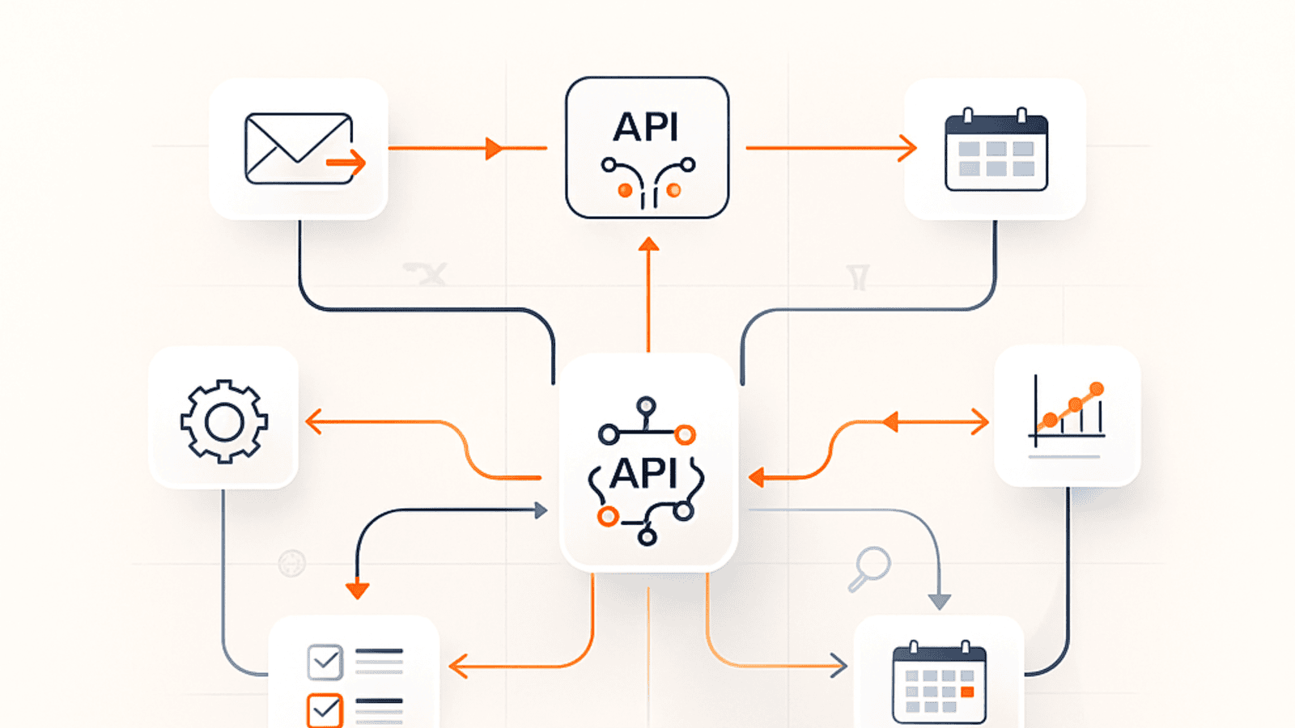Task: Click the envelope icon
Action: (x=299, y=149)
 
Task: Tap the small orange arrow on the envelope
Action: (x=347, y=163)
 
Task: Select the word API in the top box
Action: (x=646, y=127)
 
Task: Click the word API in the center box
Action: (x=644, y=473)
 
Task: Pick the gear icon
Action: (x=224, y=421)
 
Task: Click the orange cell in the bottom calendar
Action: (x=967, y=692)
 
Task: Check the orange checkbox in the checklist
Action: (x=325, y=710)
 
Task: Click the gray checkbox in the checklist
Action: (x=325, y=662)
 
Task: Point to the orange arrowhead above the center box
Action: (x=648, y=244)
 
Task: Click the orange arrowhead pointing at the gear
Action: (x=312, y=421)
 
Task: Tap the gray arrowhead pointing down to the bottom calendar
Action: (x=939, y=602)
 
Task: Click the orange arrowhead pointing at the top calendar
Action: (x=909, y=148)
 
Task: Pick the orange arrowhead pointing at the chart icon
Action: (x=981, y=421)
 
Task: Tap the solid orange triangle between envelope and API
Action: (x=493, y=148)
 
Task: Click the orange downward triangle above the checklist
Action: (x=357, y=590)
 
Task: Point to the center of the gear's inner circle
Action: (x=224, y=421)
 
